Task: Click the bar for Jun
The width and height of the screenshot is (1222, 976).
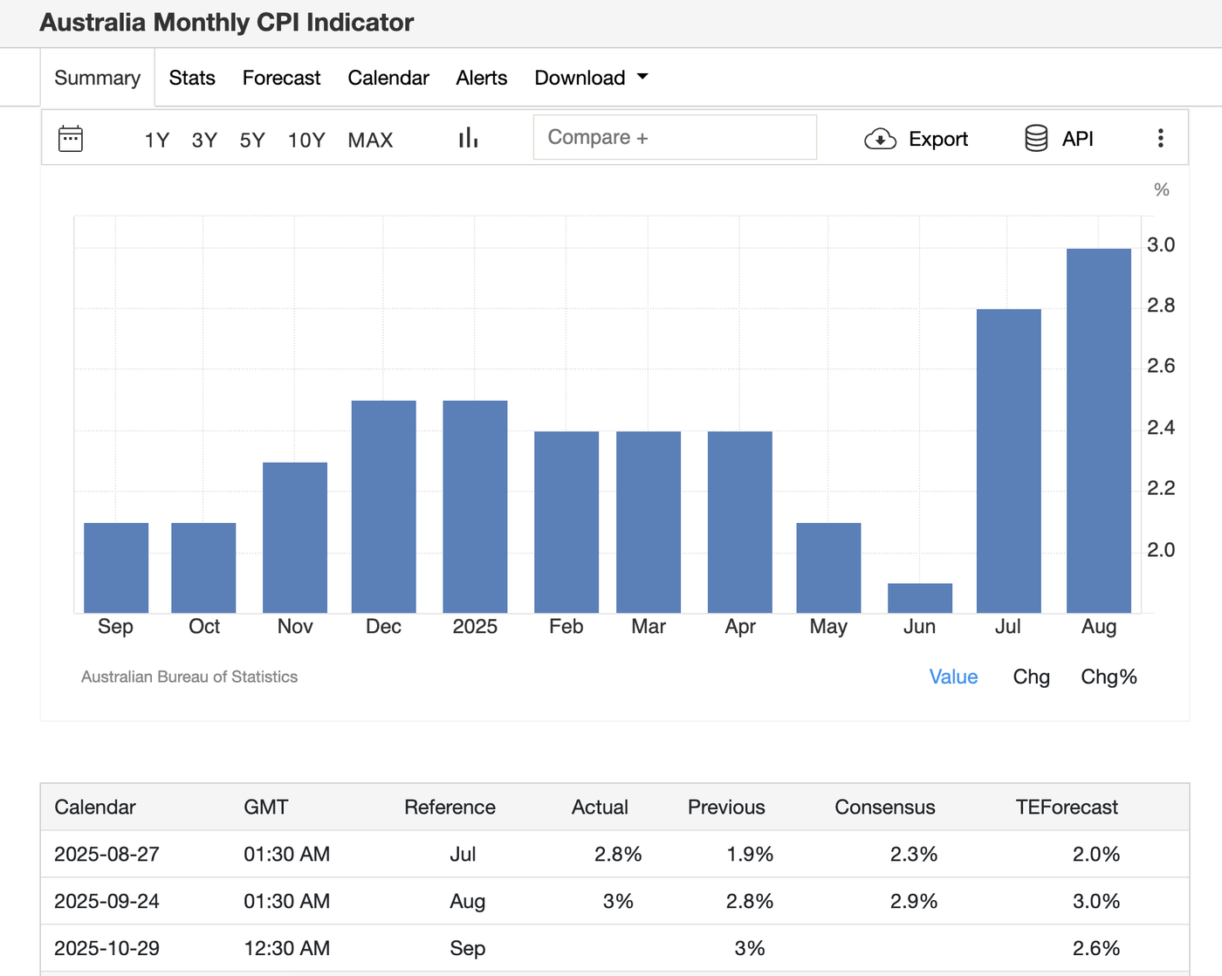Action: (919, 598)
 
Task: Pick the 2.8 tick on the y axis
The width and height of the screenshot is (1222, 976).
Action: (1160, 306)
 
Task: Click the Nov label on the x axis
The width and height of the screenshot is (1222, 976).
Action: (295, 627)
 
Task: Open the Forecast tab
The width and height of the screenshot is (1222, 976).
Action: (281, 78)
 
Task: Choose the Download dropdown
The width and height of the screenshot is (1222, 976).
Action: (591, 78)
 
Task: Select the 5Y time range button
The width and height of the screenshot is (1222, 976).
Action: (252, 140)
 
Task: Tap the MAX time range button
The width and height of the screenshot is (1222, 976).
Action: (370, 140)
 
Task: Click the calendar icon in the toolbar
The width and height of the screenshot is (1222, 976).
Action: (71, 139)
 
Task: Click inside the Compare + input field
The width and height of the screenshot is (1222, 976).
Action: (674, 138)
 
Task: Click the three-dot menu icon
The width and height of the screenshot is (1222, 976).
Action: (1160, 138)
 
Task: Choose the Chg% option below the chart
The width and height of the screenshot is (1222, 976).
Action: (1109, 677)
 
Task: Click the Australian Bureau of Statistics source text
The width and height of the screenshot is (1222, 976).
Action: (189, 677)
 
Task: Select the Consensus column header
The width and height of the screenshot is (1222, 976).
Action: (884, 807)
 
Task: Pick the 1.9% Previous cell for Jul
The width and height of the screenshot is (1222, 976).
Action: (749, 854)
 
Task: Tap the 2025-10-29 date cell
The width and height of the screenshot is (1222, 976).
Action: (106, 948)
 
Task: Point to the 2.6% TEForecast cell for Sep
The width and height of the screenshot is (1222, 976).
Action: (1095, 948)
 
